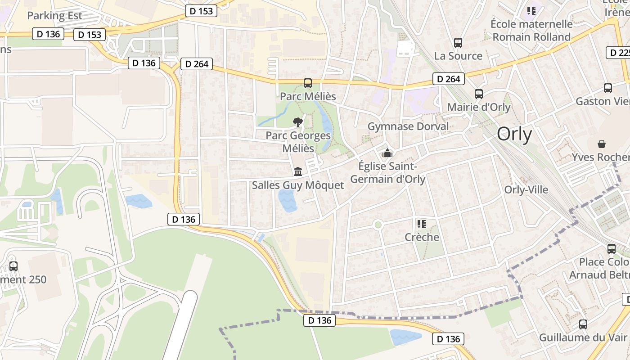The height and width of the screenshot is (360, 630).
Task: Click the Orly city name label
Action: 514,134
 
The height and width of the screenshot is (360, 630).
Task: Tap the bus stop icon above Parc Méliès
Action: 308,83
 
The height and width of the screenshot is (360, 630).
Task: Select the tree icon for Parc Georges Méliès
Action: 297,121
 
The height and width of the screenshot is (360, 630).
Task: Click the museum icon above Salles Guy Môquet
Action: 298,171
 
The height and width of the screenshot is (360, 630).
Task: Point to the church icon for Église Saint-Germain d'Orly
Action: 387,153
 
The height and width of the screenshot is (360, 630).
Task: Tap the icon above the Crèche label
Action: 422,224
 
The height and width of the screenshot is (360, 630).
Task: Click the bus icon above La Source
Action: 458,43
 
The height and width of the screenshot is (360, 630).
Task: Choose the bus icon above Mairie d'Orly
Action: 479,94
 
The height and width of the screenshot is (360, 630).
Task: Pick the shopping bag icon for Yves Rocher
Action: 602,144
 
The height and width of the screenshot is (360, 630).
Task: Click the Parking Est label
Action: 54,16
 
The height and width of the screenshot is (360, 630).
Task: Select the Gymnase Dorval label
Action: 408,126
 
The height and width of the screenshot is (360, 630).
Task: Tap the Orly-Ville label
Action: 526,190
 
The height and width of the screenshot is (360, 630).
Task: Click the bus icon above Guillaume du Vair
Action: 583,324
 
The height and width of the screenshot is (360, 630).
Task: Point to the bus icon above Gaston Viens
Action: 608,88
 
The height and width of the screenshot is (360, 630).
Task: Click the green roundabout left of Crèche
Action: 378,225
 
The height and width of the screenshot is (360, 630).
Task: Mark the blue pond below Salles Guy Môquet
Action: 287,200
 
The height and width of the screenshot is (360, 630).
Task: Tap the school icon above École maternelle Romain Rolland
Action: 531,10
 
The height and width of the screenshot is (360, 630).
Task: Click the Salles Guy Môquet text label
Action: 298,185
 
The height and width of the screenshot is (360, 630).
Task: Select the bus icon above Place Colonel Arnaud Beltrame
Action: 612,249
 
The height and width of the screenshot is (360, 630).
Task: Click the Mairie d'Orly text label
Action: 479,107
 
